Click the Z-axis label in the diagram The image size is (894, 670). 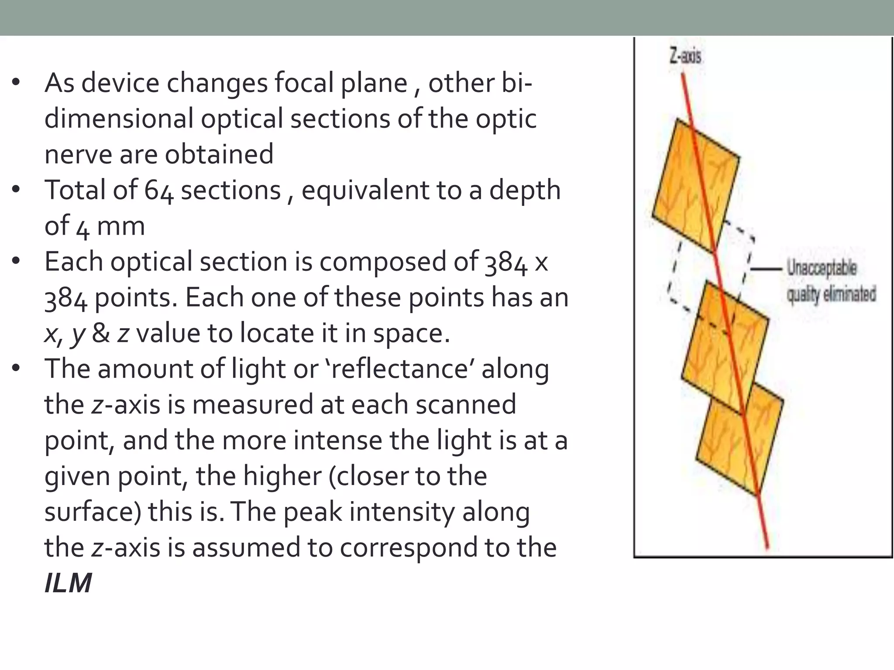tap(685, 56)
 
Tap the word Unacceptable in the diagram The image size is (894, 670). tap(822, 267)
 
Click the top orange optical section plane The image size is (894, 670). tap(696, 185)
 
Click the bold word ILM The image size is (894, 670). tap(68, 583)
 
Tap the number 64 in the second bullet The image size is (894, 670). tap(159, 191)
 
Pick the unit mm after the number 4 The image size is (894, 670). tap(120, 226)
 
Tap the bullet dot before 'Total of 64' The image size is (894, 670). tap(17, 190)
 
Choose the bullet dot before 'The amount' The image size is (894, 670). tap(17, 369)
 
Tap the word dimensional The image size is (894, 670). tap(119, 119)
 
